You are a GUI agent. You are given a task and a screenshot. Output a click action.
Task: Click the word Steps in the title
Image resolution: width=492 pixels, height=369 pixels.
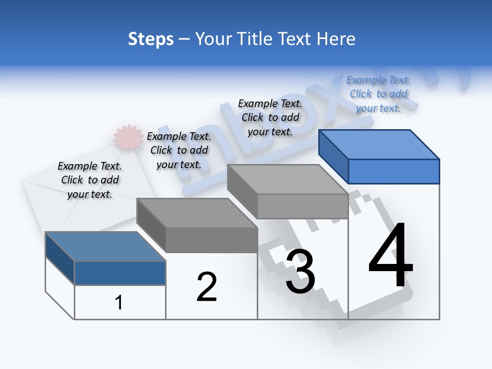(151, 39)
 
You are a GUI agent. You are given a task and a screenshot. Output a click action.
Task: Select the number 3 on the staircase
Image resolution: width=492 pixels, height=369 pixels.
(300, 272)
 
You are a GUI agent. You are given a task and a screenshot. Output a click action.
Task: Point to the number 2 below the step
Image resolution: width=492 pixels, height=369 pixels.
(207, 287)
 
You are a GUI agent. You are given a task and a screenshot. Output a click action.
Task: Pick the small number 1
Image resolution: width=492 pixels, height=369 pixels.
(119, 302)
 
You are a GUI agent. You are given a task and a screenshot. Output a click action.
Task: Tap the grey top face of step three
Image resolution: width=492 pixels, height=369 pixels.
(288, 179)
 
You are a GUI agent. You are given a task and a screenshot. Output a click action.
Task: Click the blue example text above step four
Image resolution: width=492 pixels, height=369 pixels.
(378, 94)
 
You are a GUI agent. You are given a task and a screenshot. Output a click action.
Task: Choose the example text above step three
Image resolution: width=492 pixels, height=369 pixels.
(270, 117)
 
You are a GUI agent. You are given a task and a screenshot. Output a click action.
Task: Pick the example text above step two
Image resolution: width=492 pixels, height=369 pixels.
(179, 150)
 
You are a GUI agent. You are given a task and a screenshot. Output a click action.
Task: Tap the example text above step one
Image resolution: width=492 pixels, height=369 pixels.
(90, 180)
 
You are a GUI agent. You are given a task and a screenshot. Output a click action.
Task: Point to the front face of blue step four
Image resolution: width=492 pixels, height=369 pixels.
(394, 171)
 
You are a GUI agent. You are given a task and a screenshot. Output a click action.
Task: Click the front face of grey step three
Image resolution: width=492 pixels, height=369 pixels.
(302, 206)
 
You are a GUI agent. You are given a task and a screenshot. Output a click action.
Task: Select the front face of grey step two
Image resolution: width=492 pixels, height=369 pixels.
(211, 240)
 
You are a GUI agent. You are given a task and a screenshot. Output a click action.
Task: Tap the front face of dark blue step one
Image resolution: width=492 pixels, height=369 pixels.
(120, 273)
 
